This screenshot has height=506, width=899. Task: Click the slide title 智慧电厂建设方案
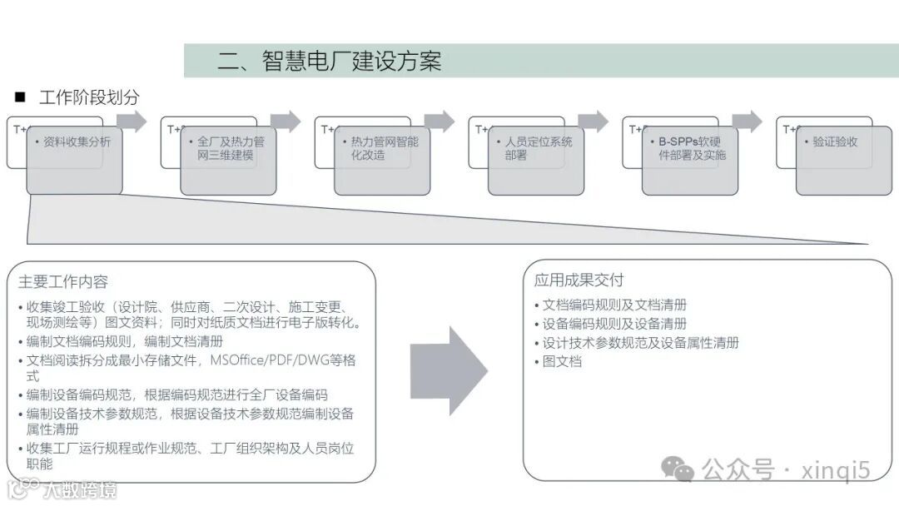(329, 61)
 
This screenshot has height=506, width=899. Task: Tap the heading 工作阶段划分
(88, 97)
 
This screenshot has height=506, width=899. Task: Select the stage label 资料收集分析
(77, 141)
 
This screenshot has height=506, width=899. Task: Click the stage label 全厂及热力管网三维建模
(231, 148)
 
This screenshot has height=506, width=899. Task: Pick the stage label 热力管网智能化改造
(384, 148)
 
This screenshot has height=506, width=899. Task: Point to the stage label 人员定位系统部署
(538, 148)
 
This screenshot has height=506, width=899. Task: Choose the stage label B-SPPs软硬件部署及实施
(692, 148)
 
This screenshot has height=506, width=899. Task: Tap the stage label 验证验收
(835, 141)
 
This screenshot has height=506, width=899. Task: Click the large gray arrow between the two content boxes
(449, 370)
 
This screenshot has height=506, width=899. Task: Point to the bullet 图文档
(562, 361)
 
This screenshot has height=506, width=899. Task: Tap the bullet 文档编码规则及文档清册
(614, 305)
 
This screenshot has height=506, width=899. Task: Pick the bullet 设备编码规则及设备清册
(614, 324)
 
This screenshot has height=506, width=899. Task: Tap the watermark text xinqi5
(835, 470)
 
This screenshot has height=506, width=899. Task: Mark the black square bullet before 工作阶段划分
(20, 97)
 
